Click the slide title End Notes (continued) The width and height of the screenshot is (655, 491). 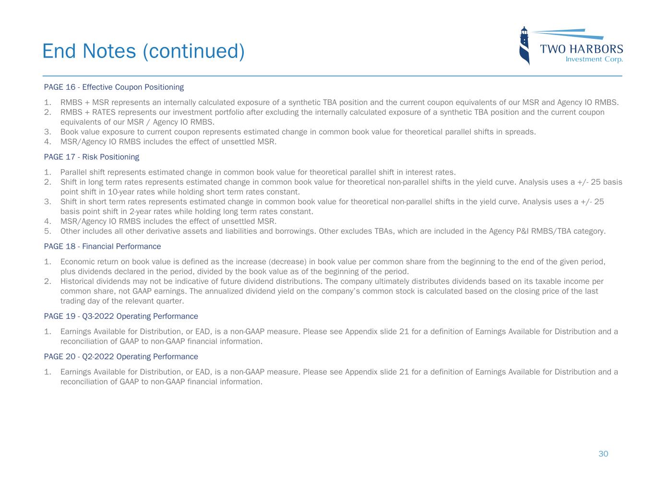pyautogui.click(x=143, y=51)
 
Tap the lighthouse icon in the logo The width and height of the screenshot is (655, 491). pyautogui.click(x=524, y=46)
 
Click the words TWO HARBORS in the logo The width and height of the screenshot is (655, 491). pyautogui.click(x=581, y=49)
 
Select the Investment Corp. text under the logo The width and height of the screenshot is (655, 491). pyautogui.click(x=594, y=59)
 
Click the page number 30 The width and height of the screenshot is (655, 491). pyautogui.click(x=603, y=454)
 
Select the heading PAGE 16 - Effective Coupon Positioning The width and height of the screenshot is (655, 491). pyautogui.click(x=114, y=87)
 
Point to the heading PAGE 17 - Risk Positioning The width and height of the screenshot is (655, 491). pyautogui.click(x=91, y=157)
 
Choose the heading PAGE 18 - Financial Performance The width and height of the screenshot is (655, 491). pyautogui.click(x=102, y=246)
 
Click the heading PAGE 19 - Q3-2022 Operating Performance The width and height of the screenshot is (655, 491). pyautogui.click(x=121, y=316)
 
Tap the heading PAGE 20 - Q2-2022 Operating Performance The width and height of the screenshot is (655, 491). pyautogui.click(x=121, y=357)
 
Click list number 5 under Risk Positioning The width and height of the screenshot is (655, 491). pyautogui.click(x=48, y=231)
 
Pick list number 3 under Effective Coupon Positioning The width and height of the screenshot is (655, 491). pyautogui.click(x=48, y=132)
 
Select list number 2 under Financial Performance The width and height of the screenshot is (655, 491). pyautogui.click(x=48, y=281)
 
